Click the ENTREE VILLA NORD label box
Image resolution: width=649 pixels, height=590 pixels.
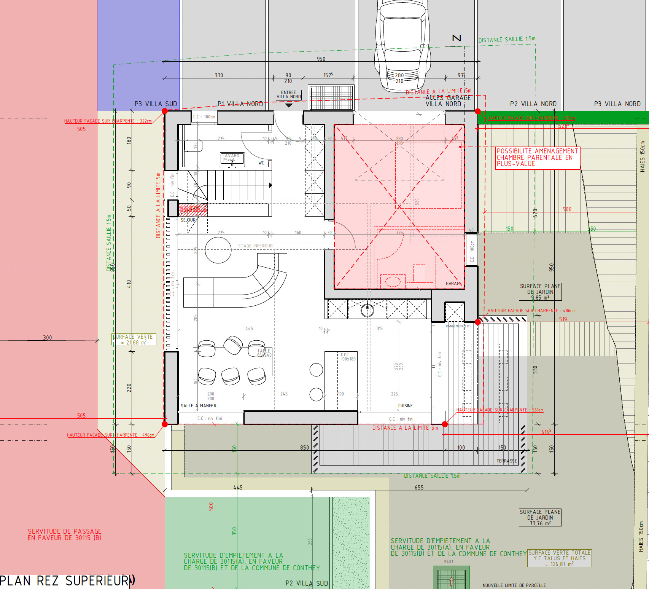289,95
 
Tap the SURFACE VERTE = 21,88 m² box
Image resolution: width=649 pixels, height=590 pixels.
134,340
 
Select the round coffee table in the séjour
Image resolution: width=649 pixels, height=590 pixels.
218,250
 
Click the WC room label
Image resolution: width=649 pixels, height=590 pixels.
261,163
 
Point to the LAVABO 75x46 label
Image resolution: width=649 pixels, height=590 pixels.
231,158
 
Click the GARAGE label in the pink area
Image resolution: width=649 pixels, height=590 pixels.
453,284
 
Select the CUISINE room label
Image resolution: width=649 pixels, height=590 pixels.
406,406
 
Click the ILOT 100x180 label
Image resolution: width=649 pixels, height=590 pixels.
348,357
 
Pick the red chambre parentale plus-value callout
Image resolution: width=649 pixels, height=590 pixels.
537,158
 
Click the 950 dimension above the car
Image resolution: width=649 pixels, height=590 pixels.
321,59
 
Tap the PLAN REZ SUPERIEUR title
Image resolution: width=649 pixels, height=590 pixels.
65,581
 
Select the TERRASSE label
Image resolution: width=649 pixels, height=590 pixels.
507,461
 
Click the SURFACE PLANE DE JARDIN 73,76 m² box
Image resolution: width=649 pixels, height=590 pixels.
540,518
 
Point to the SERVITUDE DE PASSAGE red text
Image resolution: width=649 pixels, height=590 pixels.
64,534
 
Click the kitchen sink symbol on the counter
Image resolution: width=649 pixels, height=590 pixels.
367,310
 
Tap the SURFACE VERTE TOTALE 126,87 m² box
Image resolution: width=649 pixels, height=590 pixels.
559,558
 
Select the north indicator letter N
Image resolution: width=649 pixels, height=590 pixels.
457,38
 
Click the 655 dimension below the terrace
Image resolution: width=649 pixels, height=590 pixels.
419,488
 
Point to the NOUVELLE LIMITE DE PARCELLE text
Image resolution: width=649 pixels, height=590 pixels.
514,585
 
